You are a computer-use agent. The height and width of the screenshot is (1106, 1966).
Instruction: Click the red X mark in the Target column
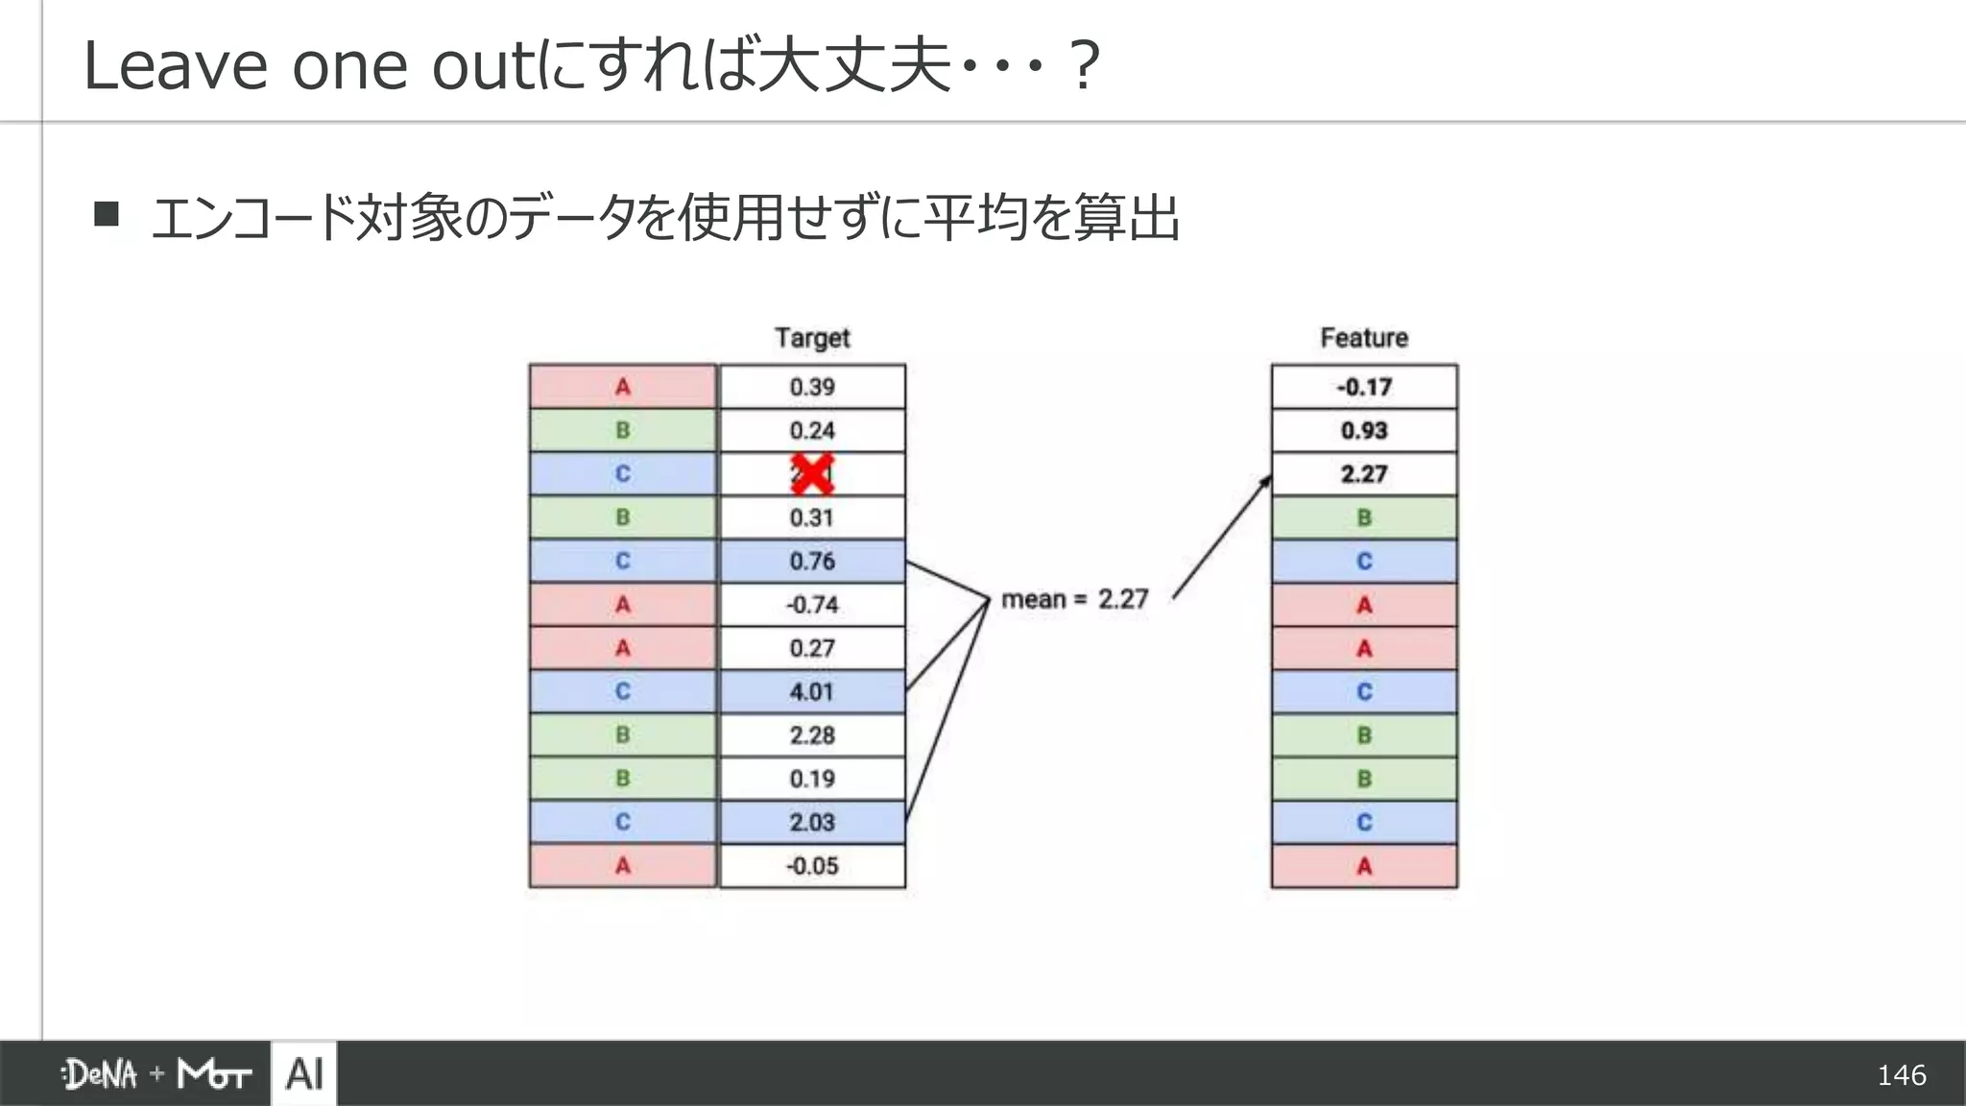pyautogui.click(x=811, y=474)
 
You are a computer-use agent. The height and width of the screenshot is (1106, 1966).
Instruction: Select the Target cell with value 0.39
pyautogui.click(x=812, y=387)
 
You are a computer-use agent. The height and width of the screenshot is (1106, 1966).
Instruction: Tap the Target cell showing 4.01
pyautogui.click(x=812, y=691)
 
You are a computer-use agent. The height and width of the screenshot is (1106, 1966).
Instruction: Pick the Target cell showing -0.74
pyautogui.click(x=812, y=605)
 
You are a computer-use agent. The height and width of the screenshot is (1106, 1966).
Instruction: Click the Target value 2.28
pyautogui.click(x=812, y=735)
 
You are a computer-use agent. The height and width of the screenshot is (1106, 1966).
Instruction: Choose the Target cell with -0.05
pyautogui.click(x=812, y=866)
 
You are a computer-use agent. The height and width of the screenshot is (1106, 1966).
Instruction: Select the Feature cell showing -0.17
pyautogui.click(x=1364, y=387)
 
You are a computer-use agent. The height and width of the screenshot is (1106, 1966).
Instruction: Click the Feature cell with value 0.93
pyautogui.click(x=1364, y=430)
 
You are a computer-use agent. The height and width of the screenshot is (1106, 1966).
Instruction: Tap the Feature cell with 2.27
pyautogui.click(x=1364, y=474)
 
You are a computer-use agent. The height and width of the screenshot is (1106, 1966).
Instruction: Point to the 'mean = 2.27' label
pyautogui.click(x=1074, y=599)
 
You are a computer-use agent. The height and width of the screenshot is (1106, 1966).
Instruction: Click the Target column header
pyautogui.click(x=812, y=338)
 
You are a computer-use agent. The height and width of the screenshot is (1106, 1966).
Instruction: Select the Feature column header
pyautogui.click(x=1364, y=338)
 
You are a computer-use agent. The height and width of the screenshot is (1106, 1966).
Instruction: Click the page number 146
pyautogui.click(x=1901, y=1074)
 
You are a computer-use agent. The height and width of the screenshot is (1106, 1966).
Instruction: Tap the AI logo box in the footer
pyautogui.click(x=304, y=1073)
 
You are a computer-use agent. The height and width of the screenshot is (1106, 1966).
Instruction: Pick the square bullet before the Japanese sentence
pyautogui.click(x=107, y=213)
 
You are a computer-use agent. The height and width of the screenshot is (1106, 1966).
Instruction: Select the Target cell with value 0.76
pyautogui.click(x=812, y=561)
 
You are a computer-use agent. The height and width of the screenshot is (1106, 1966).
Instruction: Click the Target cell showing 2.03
pyautogui.click(x=812, y=823)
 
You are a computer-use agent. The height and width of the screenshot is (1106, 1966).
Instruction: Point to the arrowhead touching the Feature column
pyautogui.click(x=1266, y=481)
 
